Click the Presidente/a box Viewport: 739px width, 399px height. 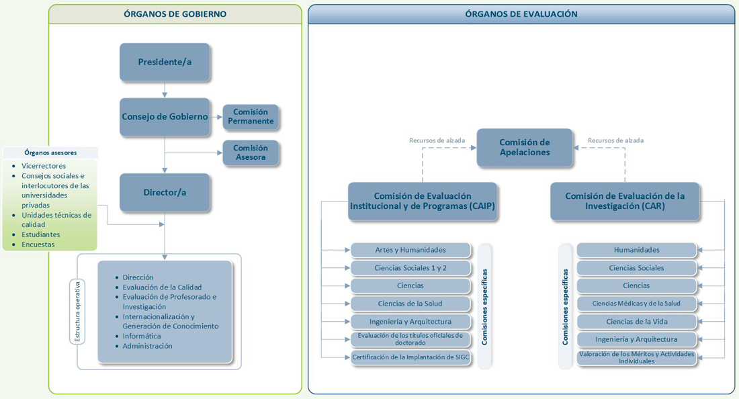click(x=165, y=62)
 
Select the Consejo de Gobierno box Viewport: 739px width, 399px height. click(x=165, y=117)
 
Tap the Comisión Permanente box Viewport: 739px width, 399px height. click(x=250, y=117)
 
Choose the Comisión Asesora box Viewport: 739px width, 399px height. click(x=250, y=153)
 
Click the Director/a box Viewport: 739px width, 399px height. click(x=165, y=192)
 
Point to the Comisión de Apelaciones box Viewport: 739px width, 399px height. click(x=525, y=148)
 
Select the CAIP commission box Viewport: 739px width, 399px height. click(x=423, y=202)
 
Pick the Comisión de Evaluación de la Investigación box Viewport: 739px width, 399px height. click(x=625, y=202)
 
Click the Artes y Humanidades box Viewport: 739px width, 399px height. click(x=410, y=250)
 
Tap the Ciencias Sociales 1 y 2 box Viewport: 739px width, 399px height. click(x=410, y=268)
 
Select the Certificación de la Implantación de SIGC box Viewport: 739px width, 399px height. click(x=410, y=357)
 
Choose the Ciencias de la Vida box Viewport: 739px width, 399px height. click(x=636, y=322)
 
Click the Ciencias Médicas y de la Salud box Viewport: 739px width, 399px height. click(x=636, y=304)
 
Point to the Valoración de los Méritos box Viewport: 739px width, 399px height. click(x=636, y=357)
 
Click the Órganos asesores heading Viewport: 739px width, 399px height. click(x=50, y=152)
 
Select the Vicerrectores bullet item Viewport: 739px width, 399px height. click(x=44, y=166)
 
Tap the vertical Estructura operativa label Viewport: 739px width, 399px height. click(x=77, y=310)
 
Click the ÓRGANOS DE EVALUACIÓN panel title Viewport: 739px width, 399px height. click(x=521, y=14)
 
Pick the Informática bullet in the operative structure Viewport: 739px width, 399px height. click(x=142, y=336)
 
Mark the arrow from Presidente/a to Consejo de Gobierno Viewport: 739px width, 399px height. click(x=165, y=90)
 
